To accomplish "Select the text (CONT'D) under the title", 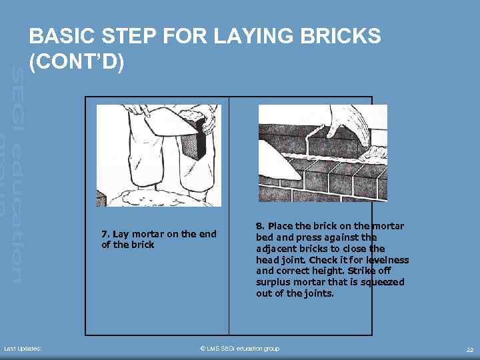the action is coord(77,61).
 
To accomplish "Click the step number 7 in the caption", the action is coord(105,234).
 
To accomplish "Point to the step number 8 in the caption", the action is coord(260,226).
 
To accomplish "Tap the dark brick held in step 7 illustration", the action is coord(193,139).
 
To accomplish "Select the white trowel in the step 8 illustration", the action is coord(279,161).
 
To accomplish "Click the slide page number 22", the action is coord(470,349).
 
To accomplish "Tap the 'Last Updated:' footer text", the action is coord(23,349).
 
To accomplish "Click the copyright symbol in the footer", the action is coord(203,349).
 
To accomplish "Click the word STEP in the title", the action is coord(129,36).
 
